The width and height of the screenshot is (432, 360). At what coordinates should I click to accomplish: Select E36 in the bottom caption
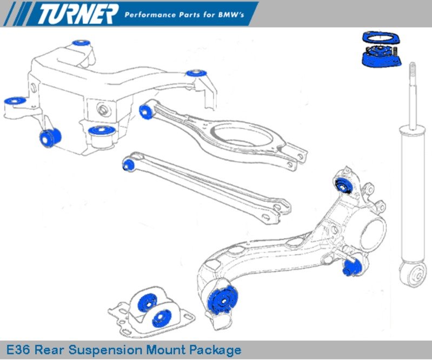pos(21,350)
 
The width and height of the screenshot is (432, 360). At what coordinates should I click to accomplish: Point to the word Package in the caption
pos(215,350)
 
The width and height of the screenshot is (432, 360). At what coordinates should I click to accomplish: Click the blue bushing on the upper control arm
pos(145,111)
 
